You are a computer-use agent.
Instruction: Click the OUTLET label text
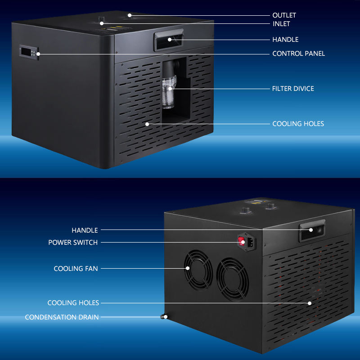coord(284,15)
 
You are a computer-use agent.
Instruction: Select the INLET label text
coord(281,24)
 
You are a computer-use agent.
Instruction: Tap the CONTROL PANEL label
coord(298,54)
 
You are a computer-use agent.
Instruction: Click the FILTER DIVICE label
coord(293,89)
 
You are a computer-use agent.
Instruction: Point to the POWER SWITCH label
coord(73,243)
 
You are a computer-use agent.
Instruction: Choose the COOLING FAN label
coord(76,269)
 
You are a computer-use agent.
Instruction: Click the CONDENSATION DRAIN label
coord(62,317)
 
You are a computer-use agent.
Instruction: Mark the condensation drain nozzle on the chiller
coord(165,317)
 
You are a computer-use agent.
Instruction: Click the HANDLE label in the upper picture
coord(285,40)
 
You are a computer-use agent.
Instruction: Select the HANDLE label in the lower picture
coord(85,230)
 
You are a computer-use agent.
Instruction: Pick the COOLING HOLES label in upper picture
coord(298,124)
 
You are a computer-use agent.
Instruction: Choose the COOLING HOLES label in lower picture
coord(73,303)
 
